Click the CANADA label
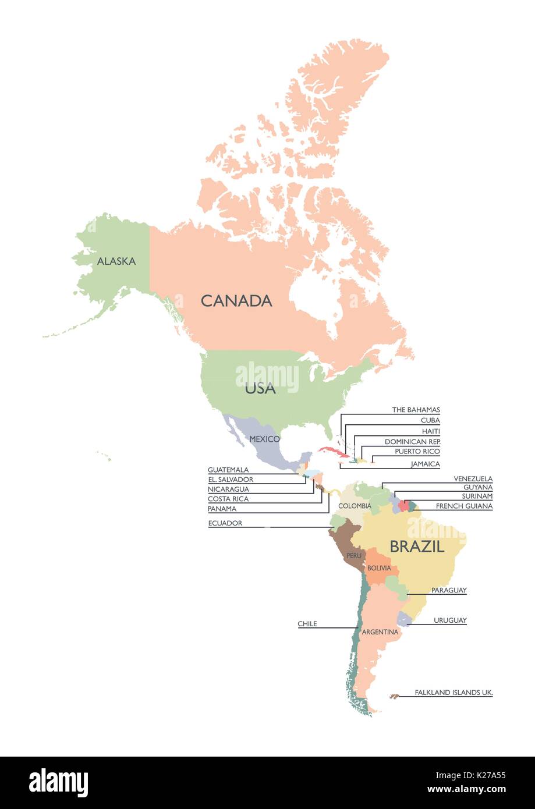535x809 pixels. [x=236, y=301]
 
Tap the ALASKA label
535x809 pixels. [x=116, y=261]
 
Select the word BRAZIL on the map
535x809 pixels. [x=417, y=547]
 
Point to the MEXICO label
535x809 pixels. [x=265, y=439]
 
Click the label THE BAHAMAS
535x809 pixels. [x=416, y=410]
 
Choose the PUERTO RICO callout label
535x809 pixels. [x=417, y=451]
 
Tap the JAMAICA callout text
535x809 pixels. [x=425, y=464]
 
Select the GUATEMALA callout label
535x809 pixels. [x=228, y=470]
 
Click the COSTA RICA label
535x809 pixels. [x=228, y=499]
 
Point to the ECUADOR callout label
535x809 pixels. [x=225, y=523]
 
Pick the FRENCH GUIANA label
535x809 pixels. [x=464, y=506]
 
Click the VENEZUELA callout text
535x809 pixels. [x=473, y=479]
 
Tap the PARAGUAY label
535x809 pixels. [x=449, y=590]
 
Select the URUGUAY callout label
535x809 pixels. [x=450, y=620]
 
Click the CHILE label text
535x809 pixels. [x=307, y=624]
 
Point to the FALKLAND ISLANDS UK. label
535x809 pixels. [x=453, y=693]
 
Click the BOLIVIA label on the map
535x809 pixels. [x=379, y=567]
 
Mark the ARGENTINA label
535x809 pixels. [x=380, y=632]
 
